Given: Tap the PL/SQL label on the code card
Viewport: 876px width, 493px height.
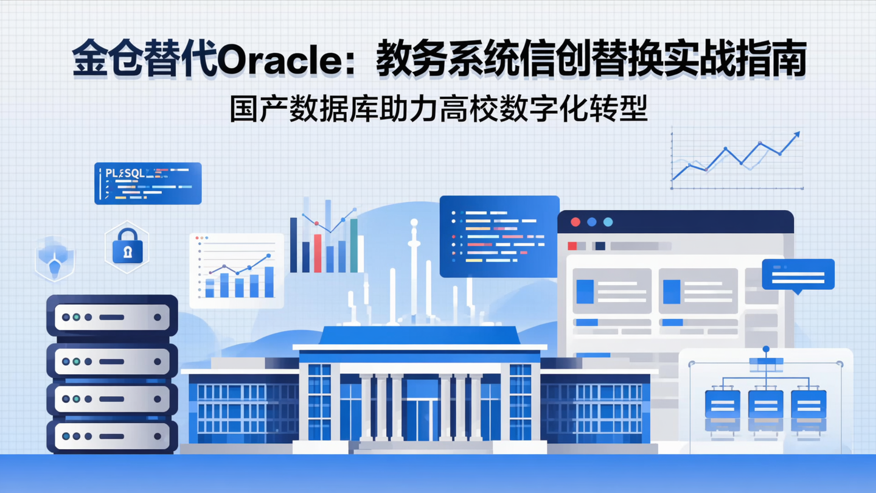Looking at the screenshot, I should pyautogui.click(x=125, y=173).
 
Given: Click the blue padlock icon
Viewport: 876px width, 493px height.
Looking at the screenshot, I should pyautogui.click(x=128, y=248).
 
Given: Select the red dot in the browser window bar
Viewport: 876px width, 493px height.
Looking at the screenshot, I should pyautogui.click(x=575, y=222).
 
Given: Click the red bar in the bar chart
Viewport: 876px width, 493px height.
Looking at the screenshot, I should pyautogui.click(x=317, y=253).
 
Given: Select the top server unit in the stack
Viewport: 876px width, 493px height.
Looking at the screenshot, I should pyautogui.click(x=112, y=317).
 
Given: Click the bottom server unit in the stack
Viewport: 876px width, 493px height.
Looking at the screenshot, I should pyautogui.click(x=112, y=436).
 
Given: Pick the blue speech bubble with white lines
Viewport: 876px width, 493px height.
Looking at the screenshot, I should pyautogui.click(x=798, y=274).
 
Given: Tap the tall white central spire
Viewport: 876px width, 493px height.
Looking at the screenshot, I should pyautogui.click(x=414, y=268).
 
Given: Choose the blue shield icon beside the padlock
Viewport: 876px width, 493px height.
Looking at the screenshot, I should pyautogui.click(x=55, y=258).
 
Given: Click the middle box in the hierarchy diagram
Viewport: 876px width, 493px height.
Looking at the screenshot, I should pyautogui.click(x=765, y=404).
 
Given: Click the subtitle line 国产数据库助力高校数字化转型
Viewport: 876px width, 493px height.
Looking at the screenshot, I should pyautogui.click(x=439, y=110).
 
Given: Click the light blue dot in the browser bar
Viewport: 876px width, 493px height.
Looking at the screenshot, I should pyautogui.click(x=608, y=222).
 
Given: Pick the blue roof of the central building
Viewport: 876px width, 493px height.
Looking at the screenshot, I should pyautogui.click(x=420, y=335).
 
